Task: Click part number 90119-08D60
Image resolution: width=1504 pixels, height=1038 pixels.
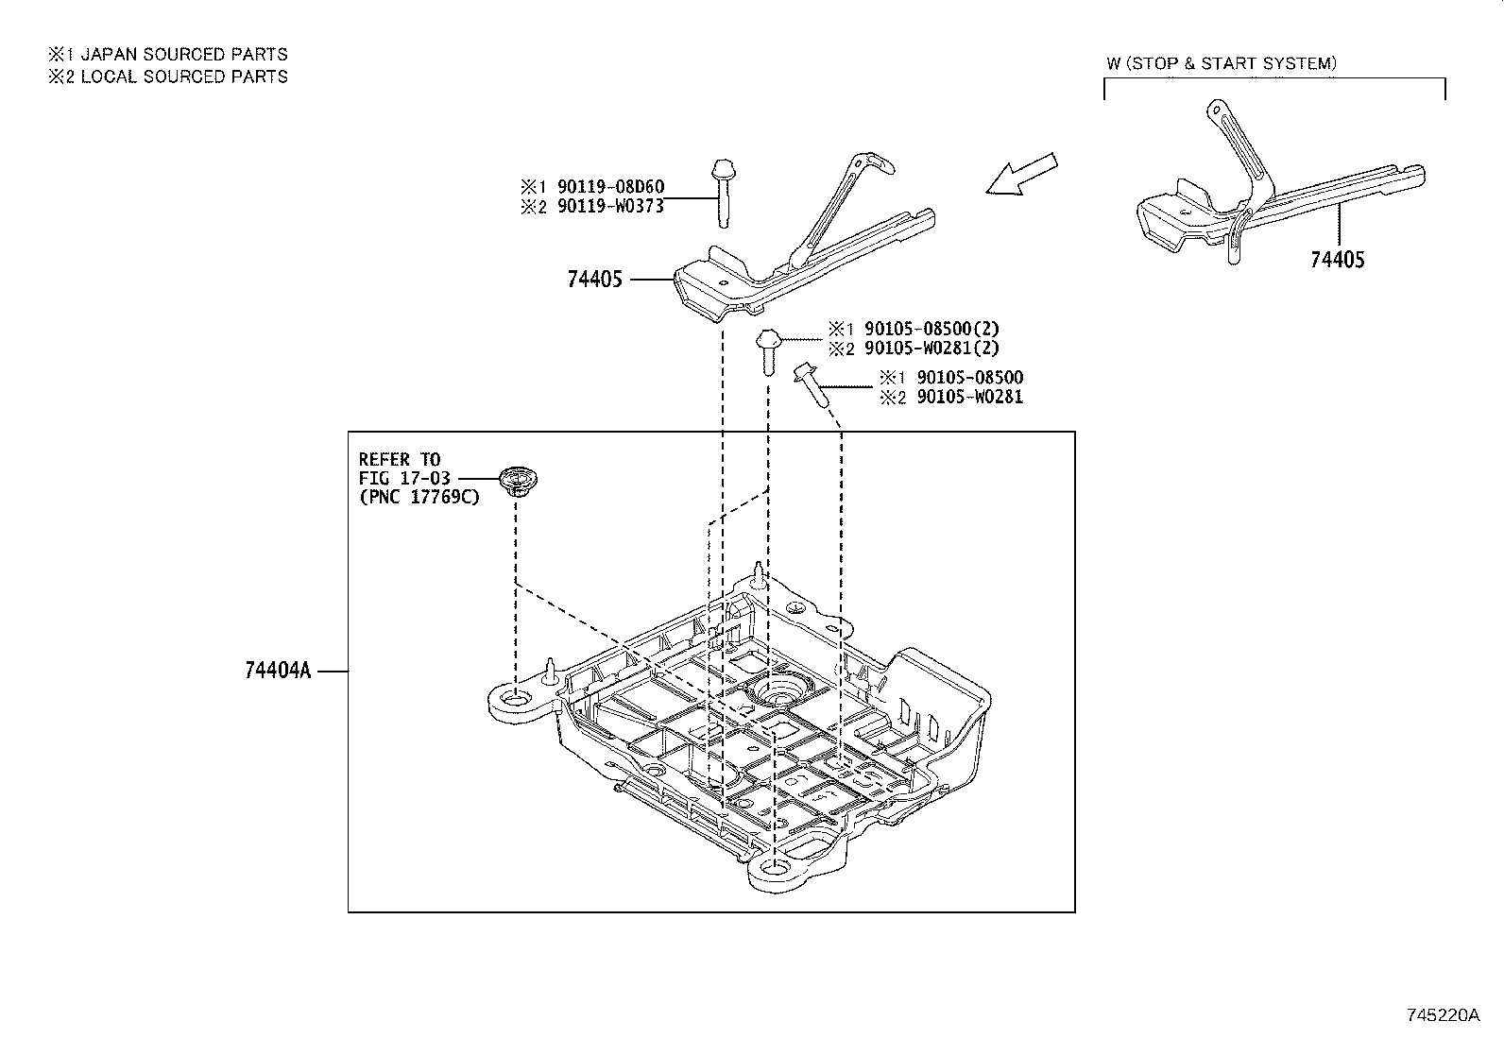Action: click(610, 187)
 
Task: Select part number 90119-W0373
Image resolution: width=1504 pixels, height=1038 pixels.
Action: click(610, 207)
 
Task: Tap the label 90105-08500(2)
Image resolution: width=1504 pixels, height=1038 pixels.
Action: click(931, 329)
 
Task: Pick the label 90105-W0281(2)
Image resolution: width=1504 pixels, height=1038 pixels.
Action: click(931, 349)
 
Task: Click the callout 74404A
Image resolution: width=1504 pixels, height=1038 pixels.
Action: click(278, 671)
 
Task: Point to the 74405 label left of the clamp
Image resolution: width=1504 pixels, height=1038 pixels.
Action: click(595, 280)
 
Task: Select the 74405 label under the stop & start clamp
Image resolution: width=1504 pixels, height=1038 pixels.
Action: click(1337, 260)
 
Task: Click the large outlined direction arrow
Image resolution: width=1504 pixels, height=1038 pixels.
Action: click(1020, 177)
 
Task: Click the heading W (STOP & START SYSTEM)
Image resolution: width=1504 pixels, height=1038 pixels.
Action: click(1222, 63)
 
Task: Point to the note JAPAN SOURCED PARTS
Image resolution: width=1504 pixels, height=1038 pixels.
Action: click(183, 55)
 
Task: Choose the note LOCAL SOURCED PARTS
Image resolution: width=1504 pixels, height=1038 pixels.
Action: click(183, 77)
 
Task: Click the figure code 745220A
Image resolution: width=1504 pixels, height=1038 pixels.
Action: click(1443, 1015)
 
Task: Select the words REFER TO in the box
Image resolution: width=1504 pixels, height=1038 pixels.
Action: click(400, 460)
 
